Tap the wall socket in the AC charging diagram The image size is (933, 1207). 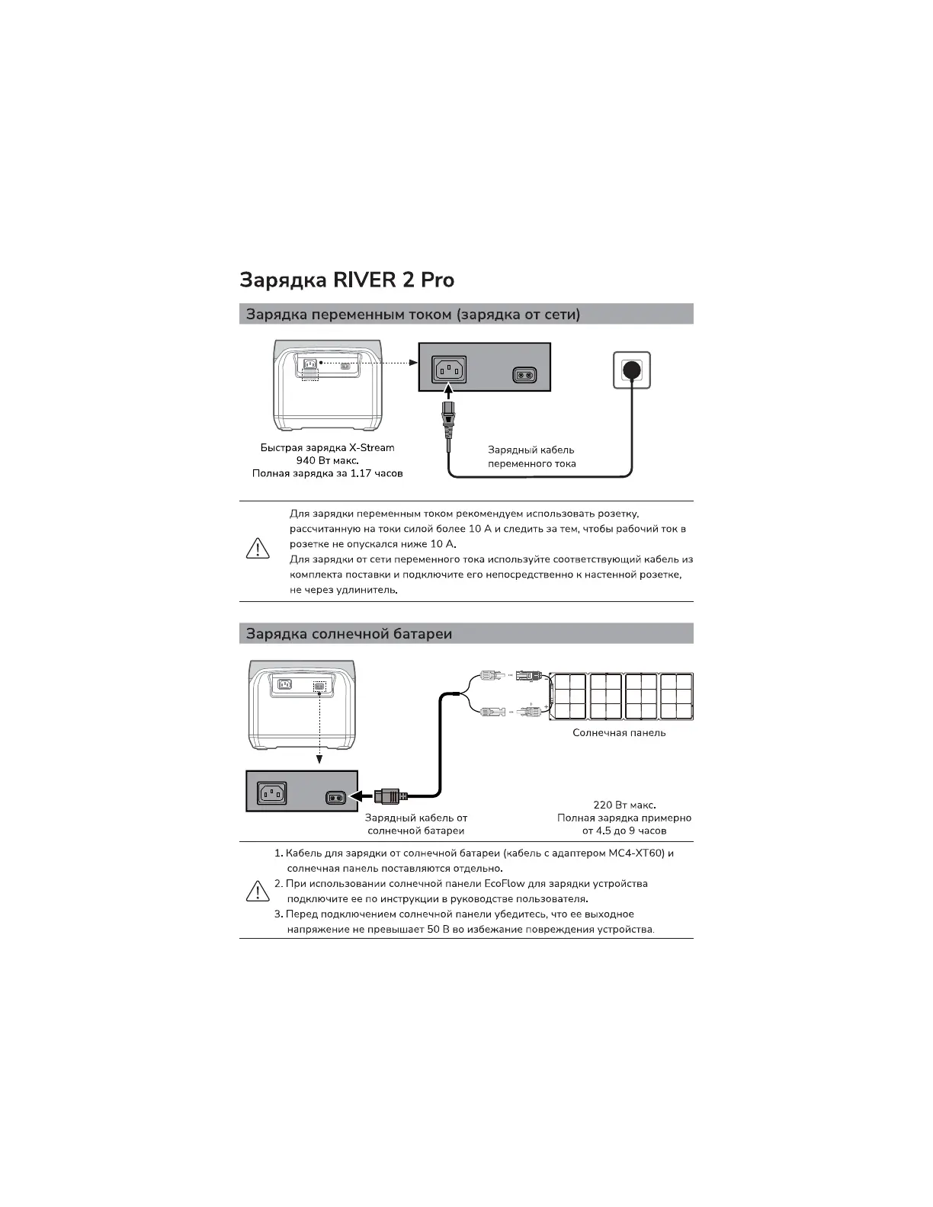[632, 370]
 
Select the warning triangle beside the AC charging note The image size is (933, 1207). [258, 549]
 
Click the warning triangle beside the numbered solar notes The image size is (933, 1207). [258, 891]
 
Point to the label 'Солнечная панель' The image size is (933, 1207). [619, 733]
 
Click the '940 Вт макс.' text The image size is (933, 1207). [327, 460]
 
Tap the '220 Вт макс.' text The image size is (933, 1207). [624, 805]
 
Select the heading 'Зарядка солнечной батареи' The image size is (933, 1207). [349, 634]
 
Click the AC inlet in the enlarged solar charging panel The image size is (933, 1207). [271, 793]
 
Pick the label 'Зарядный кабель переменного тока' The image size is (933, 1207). [531, 456]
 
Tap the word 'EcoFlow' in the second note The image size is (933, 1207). [504, 884]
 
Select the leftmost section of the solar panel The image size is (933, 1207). [569, 696]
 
